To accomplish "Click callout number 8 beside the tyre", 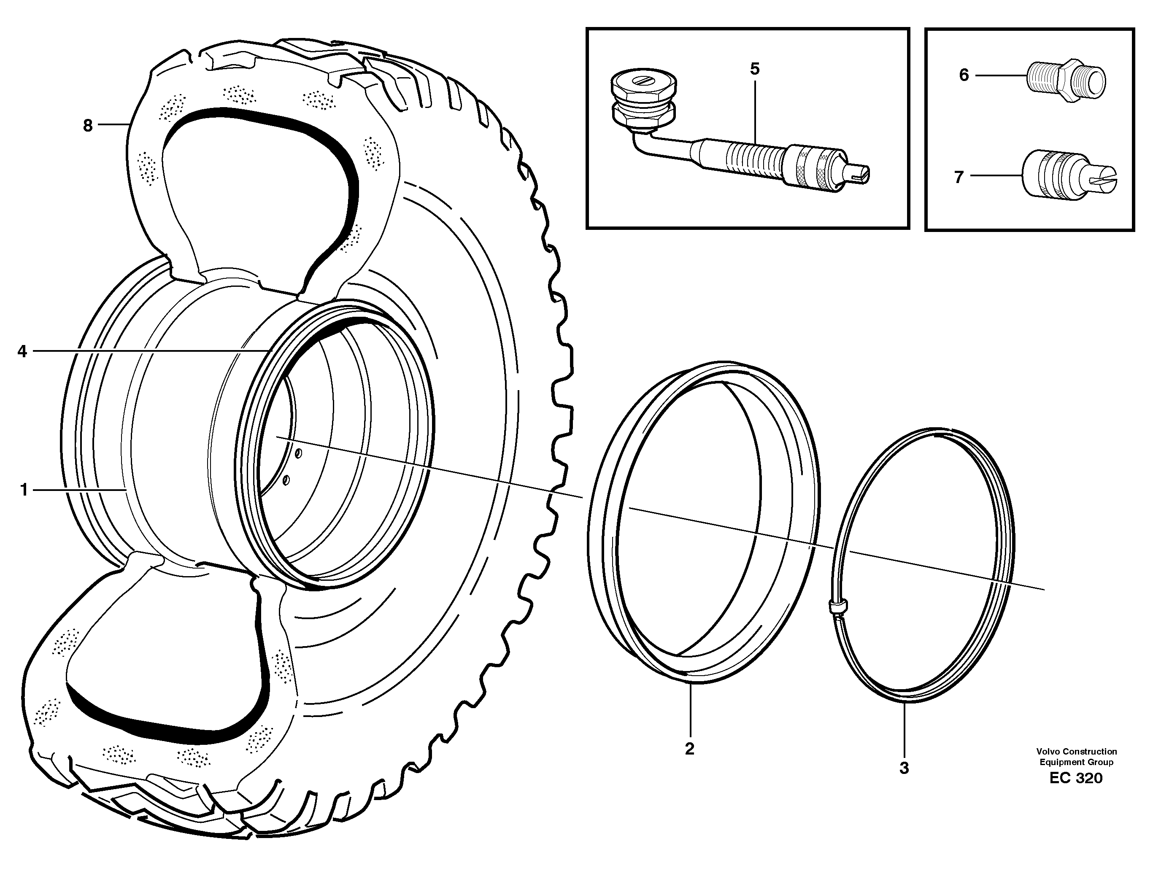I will [88, 126].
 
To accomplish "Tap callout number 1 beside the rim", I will [24, 490].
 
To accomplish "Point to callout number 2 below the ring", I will [689, 749].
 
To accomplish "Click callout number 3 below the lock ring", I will [904, 768].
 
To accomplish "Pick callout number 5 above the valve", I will [755, 69].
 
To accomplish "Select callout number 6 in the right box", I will [964, 75].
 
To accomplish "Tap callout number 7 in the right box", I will [959, 177].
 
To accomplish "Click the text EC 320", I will [1076, 778].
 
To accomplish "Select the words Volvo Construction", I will [1076, 752].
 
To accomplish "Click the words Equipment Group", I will [1076, 762].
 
